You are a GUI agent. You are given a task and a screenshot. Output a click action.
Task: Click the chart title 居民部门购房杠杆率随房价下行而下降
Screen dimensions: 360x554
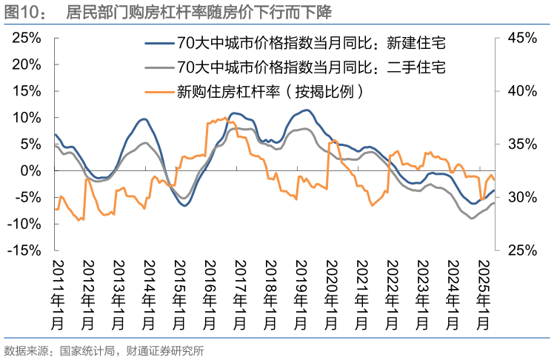[198, 12]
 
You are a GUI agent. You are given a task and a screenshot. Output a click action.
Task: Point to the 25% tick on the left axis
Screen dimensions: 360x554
[26, 37]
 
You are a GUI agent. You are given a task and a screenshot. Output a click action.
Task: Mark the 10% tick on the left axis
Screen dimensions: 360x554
[26, 117]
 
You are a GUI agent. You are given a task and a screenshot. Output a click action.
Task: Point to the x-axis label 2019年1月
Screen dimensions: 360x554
[299, 293]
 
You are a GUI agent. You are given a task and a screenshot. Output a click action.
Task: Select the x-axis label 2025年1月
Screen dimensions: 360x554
[482, 293]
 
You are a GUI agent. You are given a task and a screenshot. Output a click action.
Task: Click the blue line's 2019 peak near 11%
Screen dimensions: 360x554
[306, 110]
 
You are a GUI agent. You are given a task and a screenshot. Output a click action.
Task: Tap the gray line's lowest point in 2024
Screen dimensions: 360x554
[472, 219]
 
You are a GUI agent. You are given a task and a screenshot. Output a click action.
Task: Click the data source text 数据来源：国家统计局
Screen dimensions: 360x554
[104, 350]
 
